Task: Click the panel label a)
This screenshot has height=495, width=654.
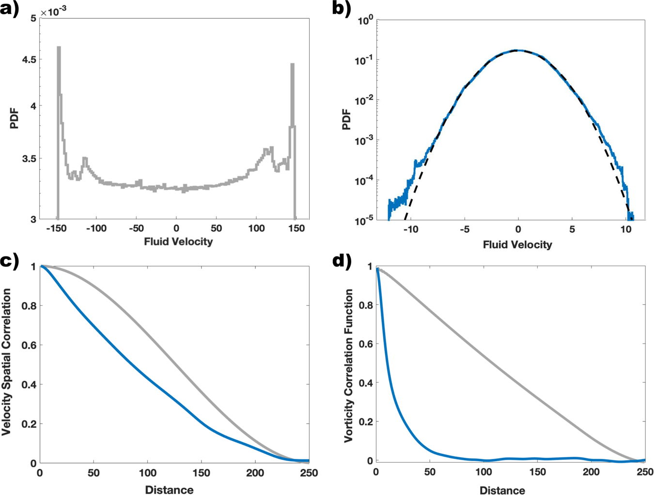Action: (10, 9)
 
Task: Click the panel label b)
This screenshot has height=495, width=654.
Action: (342, 9)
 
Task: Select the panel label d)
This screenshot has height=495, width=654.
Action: (342, 261)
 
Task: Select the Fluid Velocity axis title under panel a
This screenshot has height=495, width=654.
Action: (178, 241)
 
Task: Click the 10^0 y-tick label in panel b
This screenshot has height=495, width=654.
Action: (365, 21)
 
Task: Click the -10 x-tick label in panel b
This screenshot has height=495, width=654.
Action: (410, 230)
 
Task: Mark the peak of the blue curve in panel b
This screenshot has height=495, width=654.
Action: (518, 50)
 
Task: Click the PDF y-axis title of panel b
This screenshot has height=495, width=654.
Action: (346, 120)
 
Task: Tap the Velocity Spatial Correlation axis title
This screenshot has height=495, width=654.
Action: (7, 362)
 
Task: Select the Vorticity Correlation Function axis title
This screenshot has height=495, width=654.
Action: (348, 366)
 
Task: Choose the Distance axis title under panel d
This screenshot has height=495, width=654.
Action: (502, 491)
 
